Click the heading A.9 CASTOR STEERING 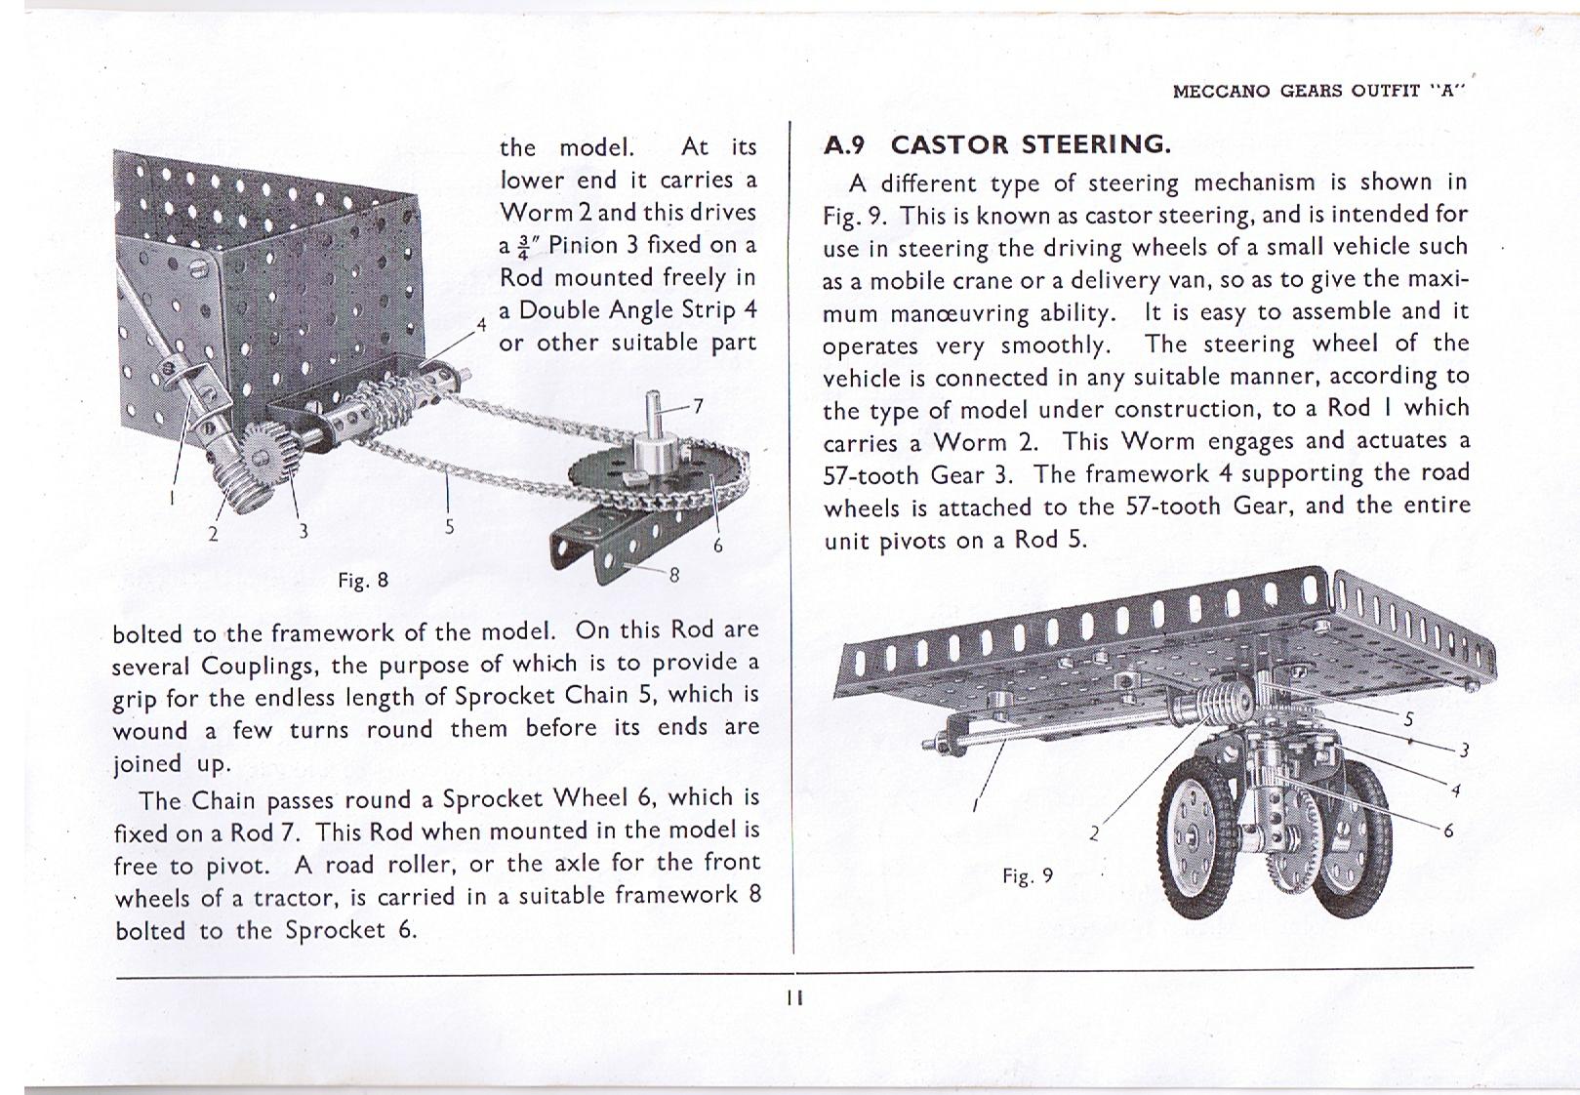point(996,145)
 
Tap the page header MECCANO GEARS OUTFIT point(1319,92)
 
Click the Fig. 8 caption point(363,581)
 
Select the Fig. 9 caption point(1028,875)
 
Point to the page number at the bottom point(795,997)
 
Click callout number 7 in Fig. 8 point(697,406)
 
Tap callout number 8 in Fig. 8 point(673,575)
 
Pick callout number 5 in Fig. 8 point(449,526)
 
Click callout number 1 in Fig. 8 point(172,497)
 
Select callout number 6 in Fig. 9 point(1448,831)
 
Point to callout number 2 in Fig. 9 point(1094,833)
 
